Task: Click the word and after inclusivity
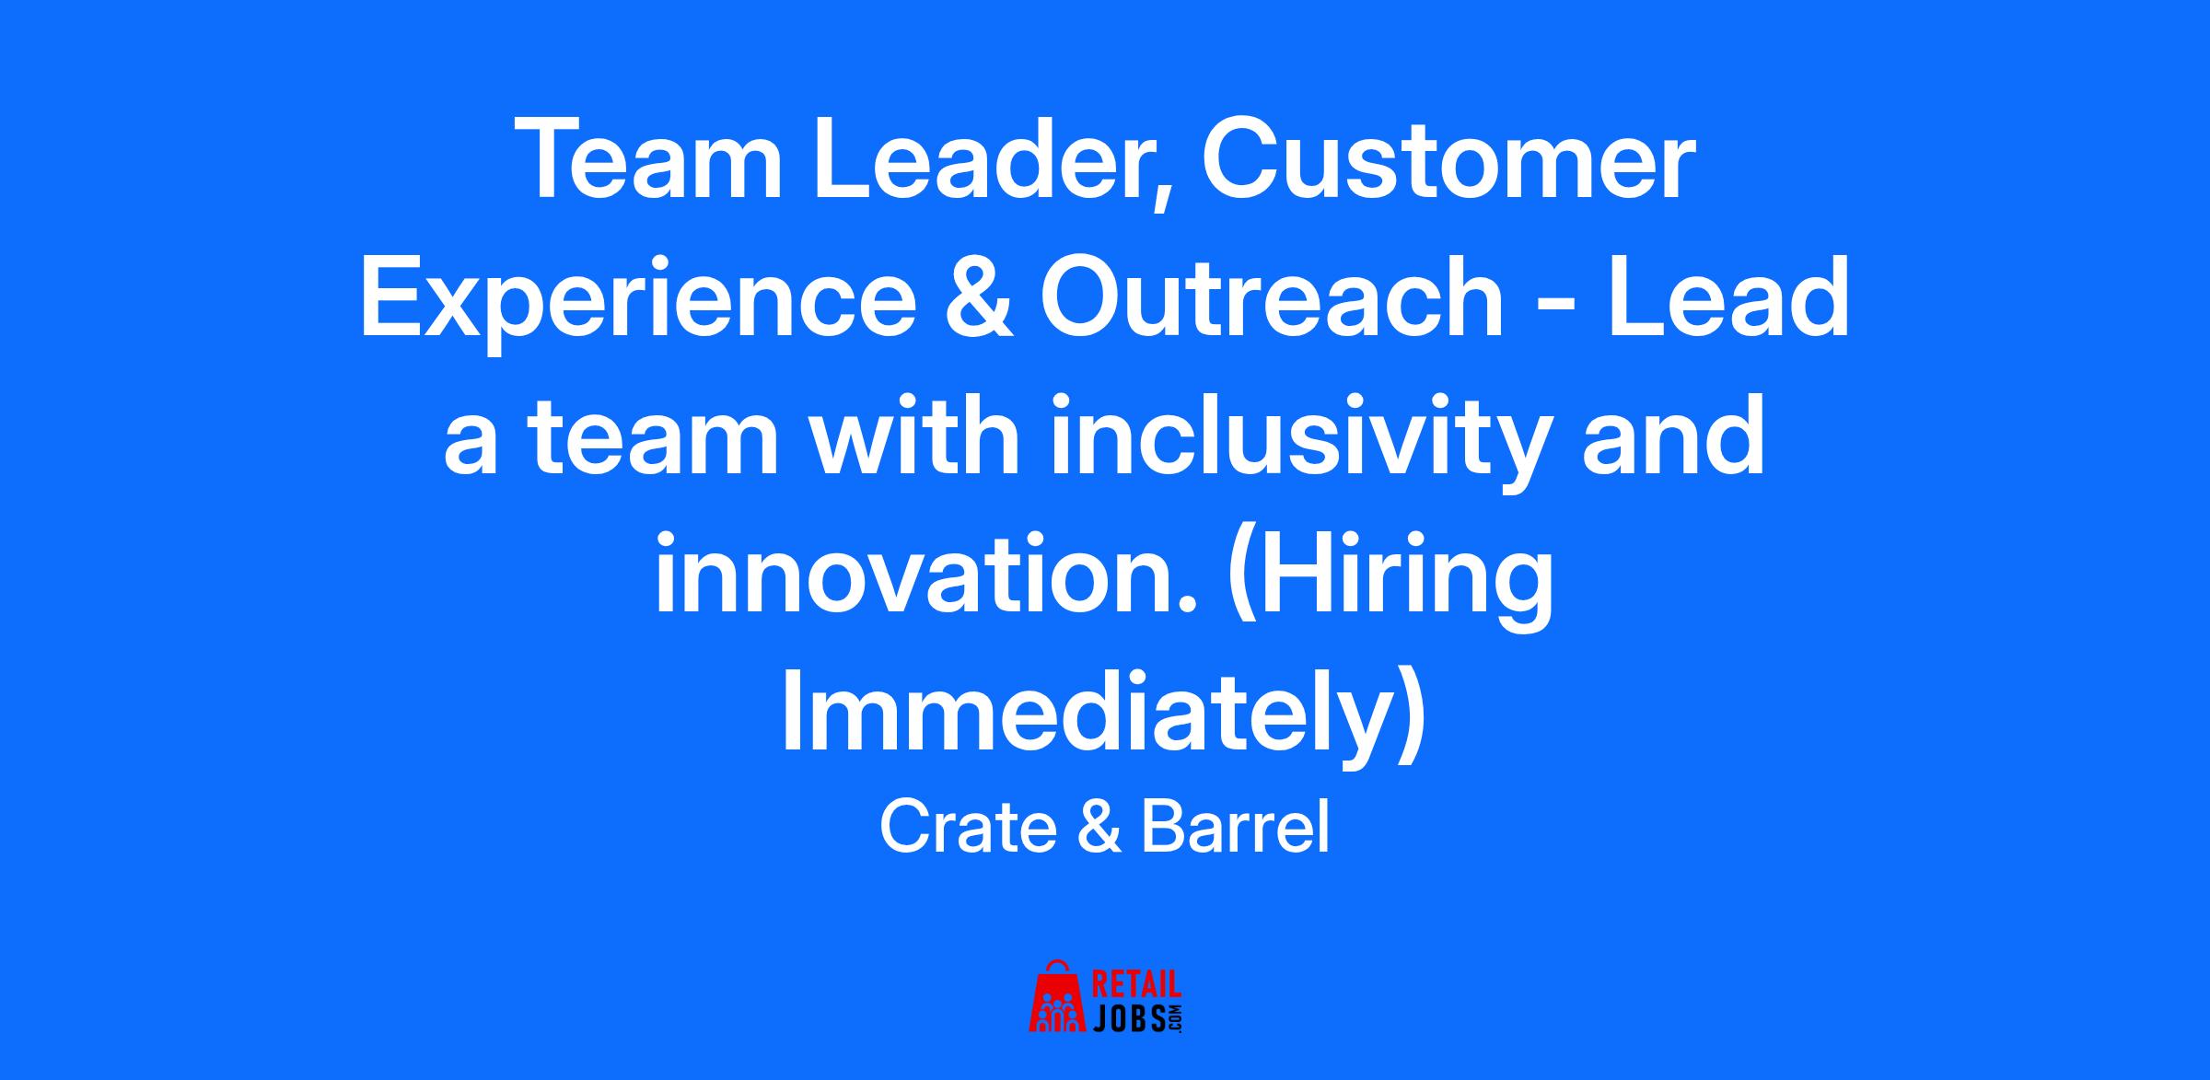(1672, 436)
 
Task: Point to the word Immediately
(1103, 719)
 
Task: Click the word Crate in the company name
(968, 829)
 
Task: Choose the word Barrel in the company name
(1235, 829)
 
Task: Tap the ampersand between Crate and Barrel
(1099, 829)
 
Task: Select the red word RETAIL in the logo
(1136, 985)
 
